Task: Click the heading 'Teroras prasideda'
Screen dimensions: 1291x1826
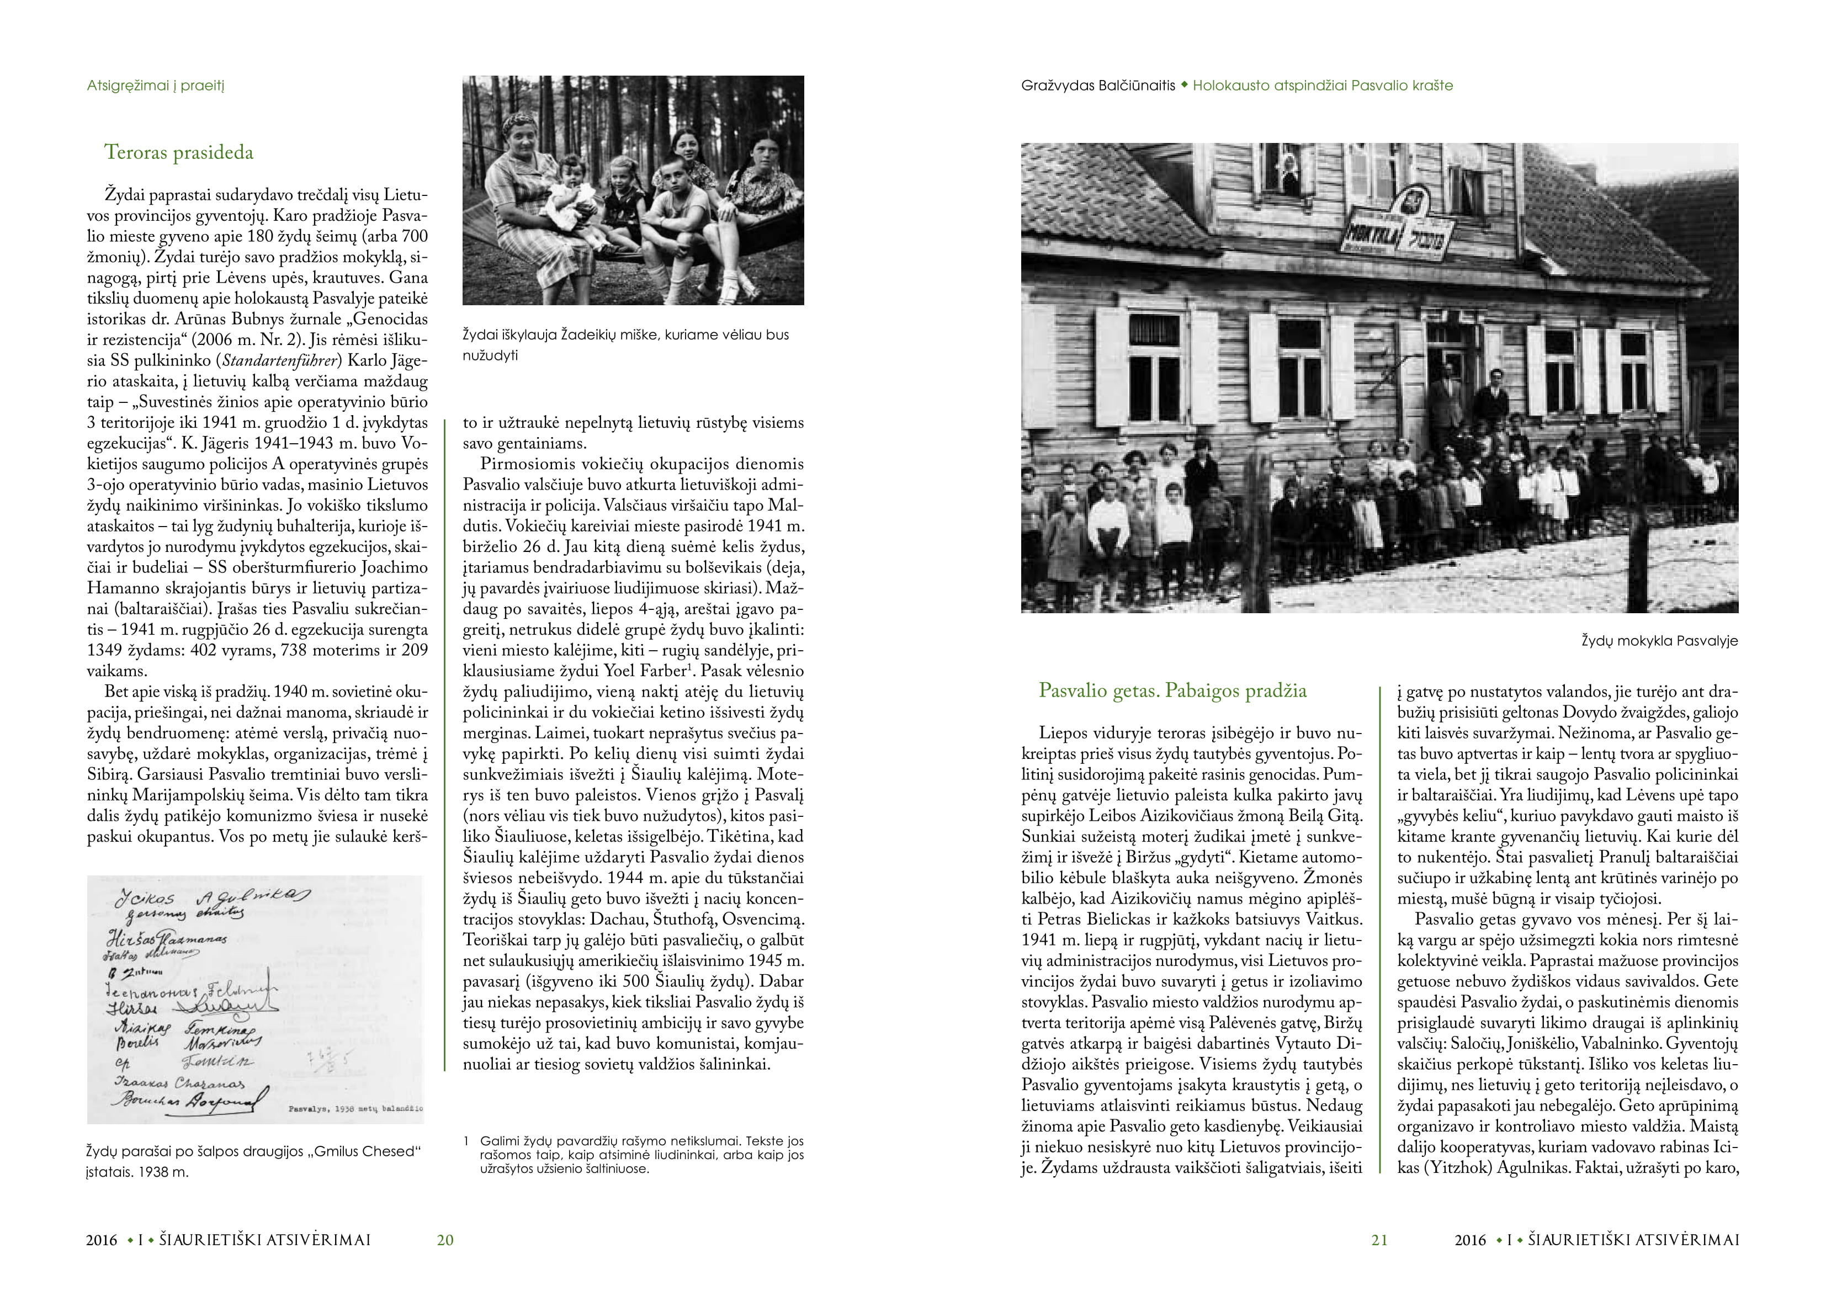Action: (178, 153)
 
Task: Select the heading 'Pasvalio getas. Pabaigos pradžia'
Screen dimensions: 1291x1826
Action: (1172, 690)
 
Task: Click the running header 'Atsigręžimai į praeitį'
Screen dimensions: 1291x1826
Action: (155, 86)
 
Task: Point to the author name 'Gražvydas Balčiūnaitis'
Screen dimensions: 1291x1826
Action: (1097, 86)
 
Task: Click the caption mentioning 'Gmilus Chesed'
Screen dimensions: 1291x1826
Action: (253, 1161)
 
